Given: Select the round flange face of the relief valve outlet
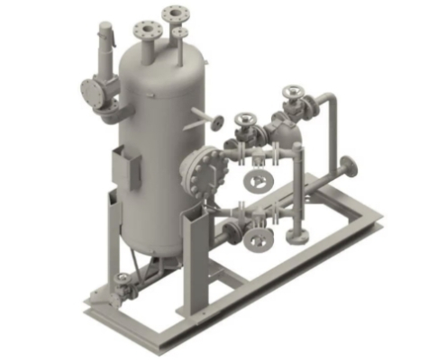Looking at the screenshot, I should (x=89, y=91).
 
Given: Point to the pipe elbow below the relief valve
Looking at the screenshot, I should (x=110, y=114).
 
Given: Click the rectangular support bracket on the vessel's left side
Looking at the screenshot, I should (x=126, y=168).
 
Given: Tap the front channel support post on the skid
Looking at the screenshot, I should (x=192, y=261).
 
